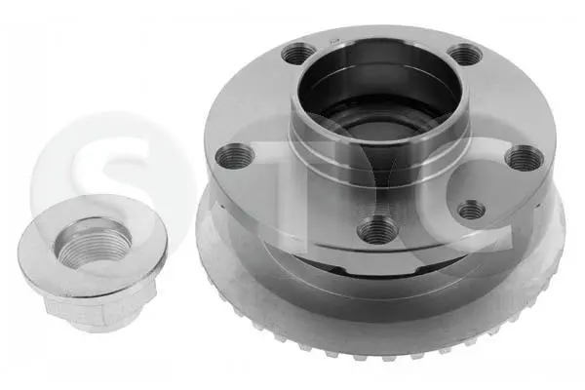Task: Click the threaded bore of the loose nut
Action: coord(93,243)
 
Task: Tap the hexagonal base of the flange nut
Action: coord(100,310)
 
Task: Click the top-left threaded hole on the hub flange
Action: coord(297,55)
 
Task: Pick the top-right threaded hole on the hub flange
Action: coord(465,55)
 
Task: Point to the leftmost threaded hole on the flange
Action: coord(235,156)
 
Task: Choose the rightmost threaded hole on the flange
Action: coord(524,157)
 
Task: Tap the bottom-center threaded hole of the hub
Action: coord(377,229)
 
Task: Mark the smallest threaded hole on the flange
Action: coord(472,211)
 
